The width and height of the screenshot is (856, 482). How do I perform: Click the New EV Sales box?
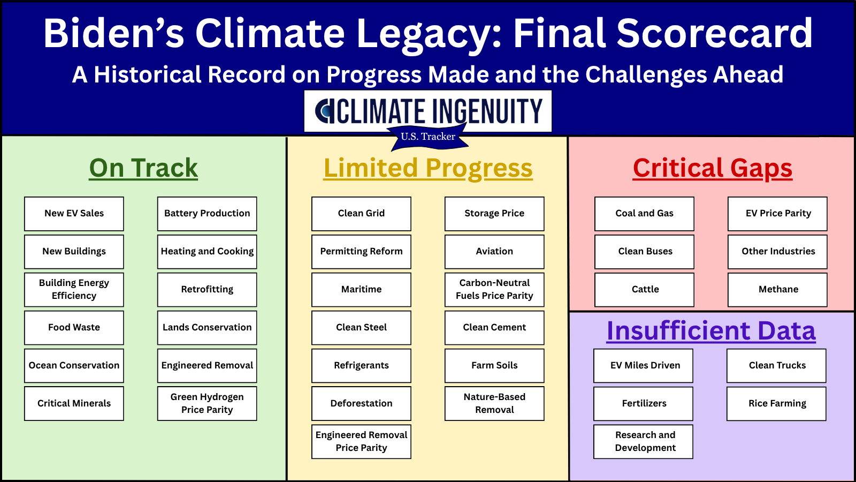coord(74,214)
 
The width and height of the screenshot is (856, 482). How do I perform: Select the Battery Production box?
coord(207,214)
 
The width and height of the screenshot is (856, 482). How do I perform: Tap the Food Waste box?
coord(74,328)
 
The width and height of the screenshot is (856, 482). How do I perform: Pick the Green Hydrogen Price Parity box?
coord(207,403)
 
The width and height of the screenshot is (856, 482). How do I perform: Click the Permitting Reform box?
coord(361,252)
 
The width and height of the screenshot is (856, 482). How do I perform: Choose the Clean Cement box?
coord(494,328)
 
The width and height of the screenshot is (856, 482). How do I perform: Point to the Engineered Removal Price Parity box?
coord(361,441)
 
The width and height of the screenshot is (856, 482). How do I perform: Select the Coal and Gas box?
coord(644,214)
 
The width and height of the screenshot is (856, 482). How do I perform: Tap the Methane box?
coord(777,290)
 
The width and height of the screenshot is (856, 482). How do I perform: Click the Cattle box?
coord(644,290)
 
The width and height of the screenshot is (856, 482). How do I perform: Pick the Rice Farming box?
coord(776,403)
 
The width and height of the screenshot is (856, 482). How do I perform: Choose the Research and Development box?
coord(643,441)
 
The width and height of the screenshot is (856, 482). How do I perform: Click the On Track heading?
coord(143,168)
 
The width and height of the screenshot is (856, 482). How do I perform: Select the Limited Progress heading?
coord(428,168)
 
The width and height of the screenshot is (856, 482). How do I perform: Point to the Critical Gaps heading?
coord(712,168)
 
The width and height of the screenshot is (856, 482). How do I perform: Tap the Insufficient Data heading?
coord(711,330)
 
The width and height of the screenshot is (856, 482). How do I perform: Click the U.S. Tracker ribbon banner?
coord(427,137)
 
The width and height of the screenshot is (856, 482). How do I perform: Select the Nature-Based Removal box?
coord(494,403)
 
